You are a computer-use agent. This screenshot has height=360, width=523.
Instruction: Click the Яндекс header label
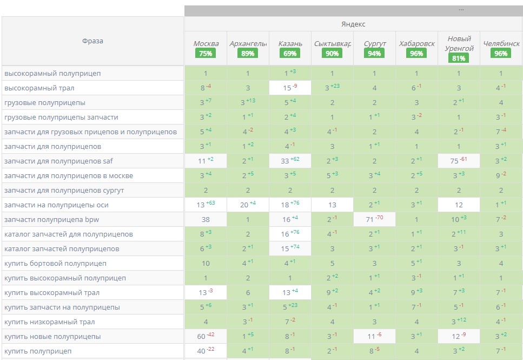point(353,24)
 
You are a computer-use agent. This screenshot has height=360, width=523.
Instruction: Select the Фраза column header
point(92,41)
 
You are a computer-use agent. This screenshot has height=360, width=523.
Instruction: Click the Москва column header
point(206,43)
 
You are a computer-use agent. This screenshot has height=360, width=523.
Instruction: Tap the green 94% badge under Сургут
point(374,54)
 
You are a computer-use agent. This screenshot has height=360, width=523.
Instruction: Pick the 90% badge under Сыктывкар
point(332,54)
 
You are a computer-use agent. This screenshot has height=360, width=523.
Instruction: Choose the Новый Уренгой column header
point(459,43)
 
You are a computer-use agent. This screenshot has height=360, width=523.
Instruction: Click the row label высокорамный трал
point(39,88)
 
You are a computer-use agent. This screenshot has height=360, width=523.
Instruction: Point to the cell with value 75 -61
point(459,161)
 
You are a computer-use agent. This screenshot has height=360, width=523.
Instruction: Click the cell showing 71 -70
point(374,219)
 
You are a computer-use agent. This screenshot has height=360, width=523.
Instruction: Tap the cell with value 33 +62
point(290,161)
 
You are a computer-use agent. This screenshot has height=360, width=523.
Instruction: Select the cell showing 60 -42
point(206,336)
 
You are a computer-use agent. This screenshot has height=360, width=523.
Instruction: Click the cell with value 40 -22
point(206,351)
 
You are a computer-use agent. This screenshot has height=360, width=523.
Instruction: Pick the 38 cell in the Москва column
point(206,219)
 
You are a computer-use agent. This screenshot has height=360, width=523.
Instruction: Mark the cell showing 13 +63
point(206,205)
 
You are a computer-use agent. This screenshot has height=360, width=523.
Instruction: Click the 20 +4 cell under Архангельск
point(248,205)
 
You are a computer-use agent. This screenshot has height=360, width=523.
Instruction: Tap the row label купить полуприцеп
point(38,351)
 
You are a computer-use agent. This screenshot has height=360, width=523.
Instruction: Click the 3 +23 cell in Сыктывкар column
point(332,88)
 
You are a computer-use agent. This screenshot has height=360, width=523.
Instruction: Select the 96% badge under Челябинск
point(501,54)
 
